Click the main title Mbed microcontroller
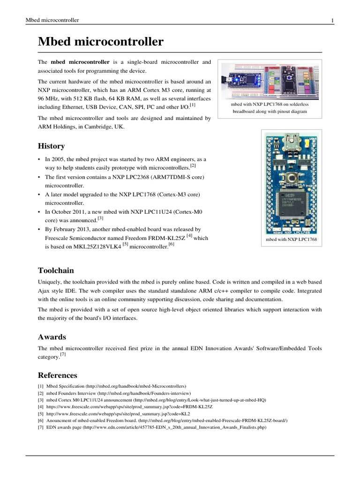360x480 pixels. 101,42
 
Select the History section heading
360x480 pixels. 52,146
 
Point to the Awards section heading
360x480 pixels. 52,337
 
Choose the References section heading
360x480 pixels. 57,375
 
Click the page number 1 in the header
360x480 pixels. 332,20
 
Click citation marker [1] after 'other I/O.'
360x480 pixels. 193,105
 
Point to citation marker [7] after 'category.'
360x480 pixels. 63,354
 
